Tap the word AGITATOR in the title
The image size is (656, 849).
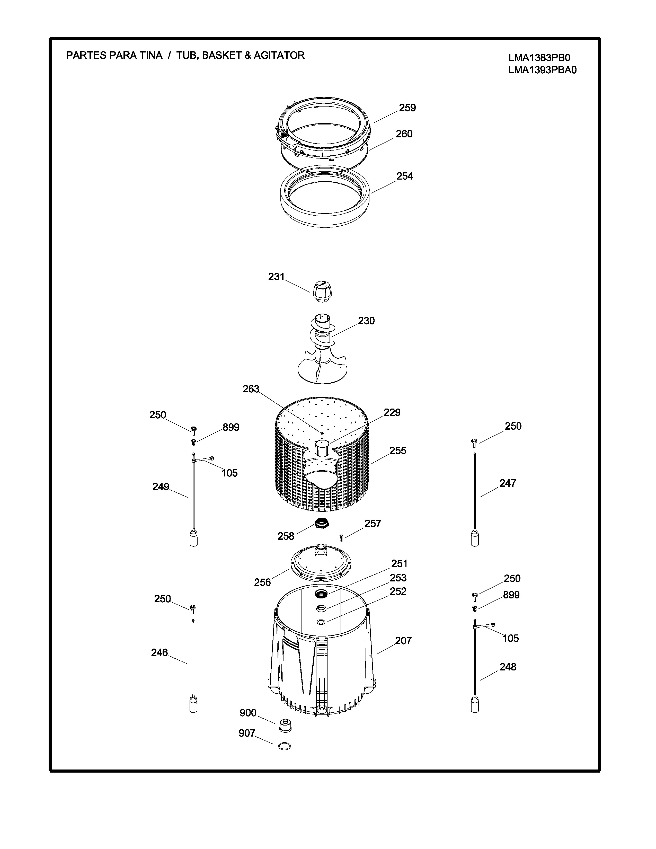tap(279, 55)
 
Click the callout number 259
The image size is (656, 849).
tap(407, 108)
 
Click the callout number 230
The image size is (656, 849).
tap(366, 321)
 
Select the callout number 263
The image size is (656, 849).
tap(251, 389)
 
